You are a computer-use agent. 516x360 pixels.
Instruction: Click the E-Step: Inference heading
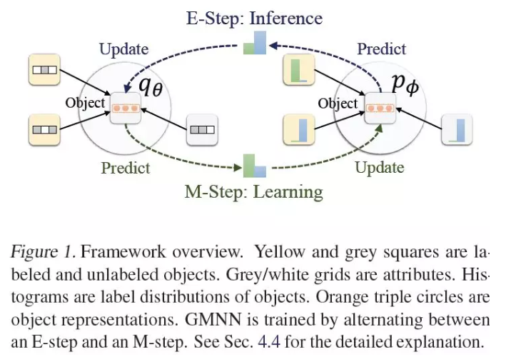pyautogui.click(x=254, y=19)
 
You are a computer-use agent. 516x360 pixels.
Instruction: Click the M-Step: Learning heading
pyautogui.click(x=254, y=192)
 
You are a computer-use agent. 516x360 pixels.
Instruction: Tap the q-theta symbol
pyautogui.click(x=151, y=87)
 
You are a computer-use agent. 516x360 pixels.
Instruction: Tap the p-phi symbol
pyautogui.click(x=405, y=85)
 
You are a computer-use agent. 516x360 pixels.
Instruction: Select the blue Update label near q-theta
pyautogui.click(x=123, y=49)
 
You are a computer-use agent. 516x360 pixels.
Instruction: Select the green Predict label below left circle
pyautogui.click(x=126, y=168)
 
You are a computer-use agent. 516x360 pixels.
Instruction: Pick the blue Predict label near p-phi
pyautogui.click(x=382, y=49)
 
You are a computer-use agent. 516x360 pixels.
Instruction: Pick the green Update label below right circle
pyautogui.click(x=380, y=168)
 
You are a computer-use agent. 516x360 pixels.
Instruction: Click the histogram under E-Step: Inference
pyautogui.click(x=255, y=43)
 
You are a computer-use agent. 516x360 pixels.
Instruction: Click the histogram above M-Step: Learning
pyautogui.click(x=255, y=166)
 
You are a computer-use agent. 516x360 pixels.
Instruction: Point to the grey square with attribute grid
pyautogui.click(x=202, y=130)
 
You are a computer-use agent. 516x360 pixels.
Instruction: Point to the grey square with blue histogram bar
pyautogui.click(x=457, y=129)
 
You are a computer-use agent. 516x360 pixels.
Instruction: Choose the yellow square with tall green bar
pyautogui.click(x=299, y=70)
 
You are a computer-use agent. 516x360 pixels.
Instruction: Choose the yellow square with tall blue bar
pyautogui.click(x=299, y=129)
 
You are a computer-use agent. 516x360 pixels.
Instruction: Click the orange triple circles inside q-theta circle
pyautogui.click(x=126, y=109)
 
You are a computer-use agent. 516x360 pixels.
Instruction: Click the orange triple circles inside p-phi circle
pyautogui.click(x=380, y=109)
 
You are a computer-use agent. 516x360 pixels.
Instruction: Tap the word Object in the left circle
pyautogui.click(x=85, y=103)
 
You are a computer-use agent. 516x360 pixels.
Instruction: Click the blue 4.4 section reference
pyautogui.click(x=269, y=341)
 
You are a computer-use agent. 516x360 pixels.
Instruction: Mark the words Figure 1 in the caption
pyautogui.click(x=44, y=252)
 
